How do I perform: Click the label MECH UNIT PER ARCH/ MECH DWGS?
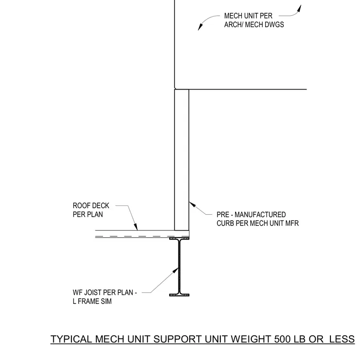point(254,20)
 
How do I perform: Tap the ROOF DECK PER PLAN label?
point(91,210)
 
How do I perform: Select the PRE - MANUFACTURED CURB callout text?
point(257,219)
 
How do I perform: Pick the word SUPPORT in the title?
point(178,339)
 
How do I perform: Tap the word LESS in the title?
point(342,339)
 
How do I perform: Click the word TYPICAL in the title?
point(71,339)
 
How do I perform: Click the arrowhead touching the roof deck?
point(136,227)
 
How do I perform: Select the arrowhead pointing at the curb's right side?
point(192,204)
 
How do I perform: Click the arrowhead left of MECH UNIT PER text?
point(200,27)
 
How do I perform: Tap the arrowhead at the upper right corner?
point(299,8)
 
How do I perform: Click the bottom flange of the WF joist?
point(179,295)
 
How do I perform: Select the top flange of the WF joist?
point(179,239)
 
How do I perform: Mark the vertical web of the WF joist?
point(179,267)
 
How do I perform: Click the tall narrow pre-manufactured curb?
point(182,160)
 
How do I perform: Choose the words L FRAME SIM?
point(92,302)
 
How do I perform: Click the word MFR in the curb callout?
point(292,223)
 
